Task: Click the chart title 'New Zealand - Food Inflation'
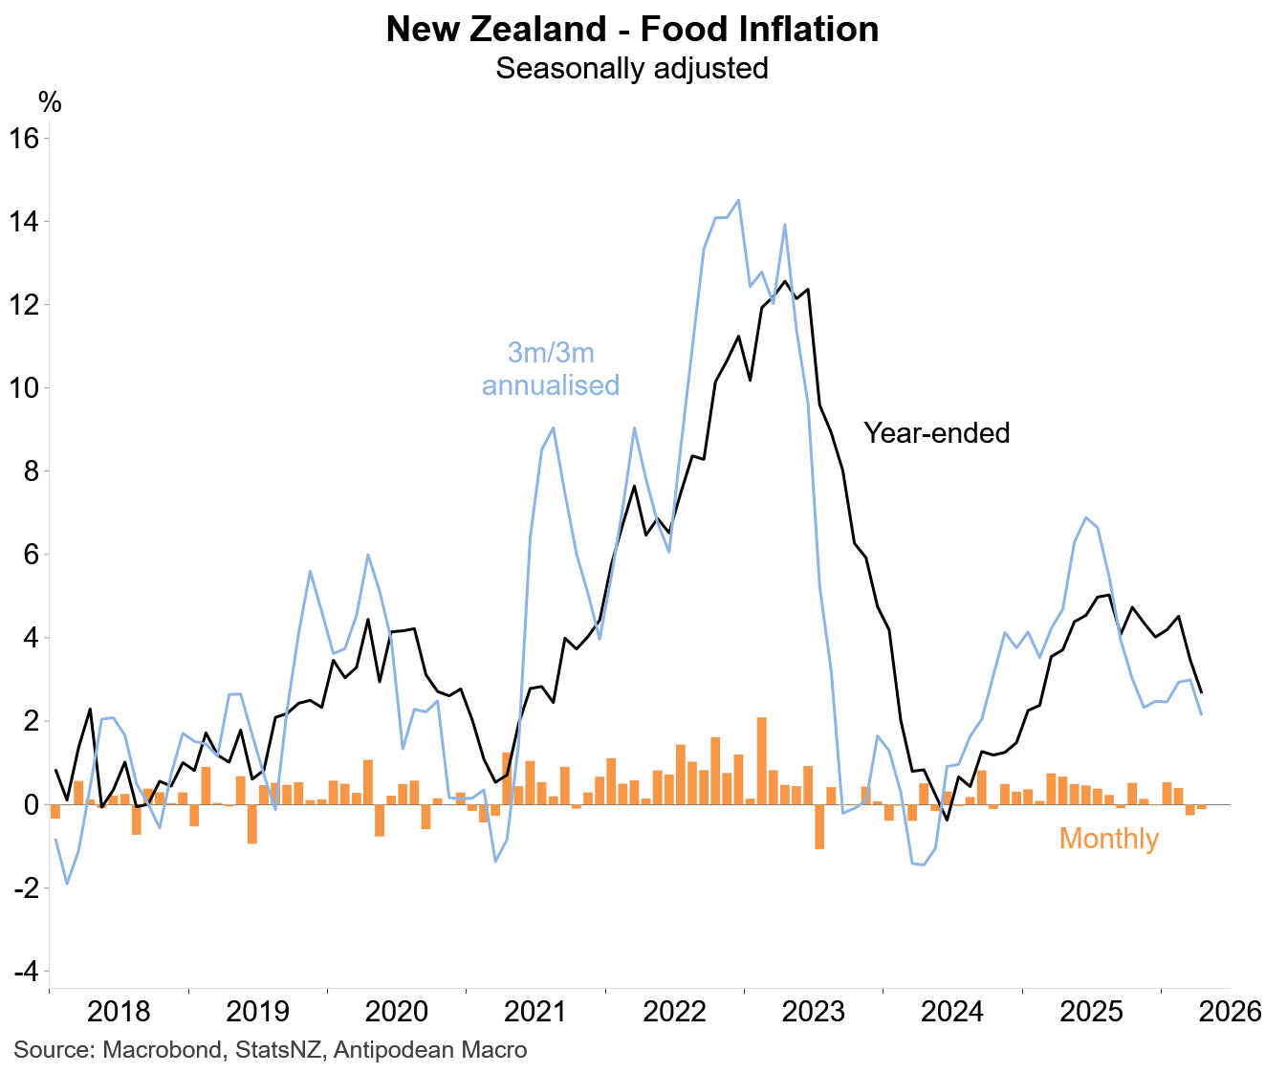(x=632, y=29)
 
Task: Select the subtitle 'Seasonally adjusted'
(x=632, y=68)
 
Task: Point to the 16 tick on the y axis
(x=24, y=139)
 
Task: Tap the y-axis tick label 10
(x=24, y=388)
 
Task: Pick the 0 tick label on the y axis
(x=32, y=804)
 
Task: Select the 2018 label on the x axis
(x=119, y=1011)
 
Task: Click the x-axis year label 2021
(x=535, y=1011)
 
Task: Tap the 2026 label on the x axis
(x=1231, y=1011)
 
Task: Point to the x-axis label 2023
(x=814, y=1011)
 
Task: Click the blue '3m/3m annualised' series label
(x=551, y=369)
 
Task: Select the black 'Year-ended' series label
(x=936, y=433)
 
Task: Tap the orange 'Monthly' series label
(x=1109, y=839)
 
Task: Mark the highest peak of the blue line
(x=739, y=200)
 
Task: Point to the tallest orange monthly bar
(x=762, y=761)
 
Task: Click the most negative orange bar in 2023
(x=819, y=826)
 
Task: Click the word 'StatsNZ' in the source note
(x=278, y=1050)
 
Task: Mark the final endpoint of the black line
(x=1201, y=692)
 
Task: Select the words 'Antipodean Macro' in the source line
(x=430, y=1050)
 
